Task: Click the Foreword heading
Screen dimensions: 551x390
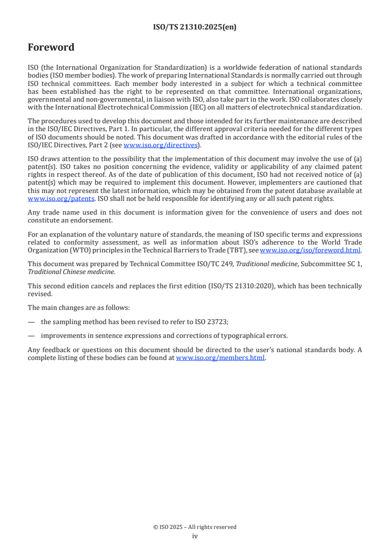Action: (51, 48)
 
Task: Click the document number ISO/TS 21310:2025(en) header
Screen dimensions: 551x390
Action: (195, 28)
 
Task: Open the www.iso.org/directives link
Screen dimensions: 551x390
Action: (160, 145)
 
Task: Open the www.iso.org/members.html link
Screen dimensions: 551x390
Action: (220, 358)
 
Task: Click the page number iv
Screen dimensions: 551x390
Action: (195, 536)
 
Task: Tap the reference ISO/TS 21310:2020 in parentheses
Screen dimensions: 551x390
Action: (268, 286)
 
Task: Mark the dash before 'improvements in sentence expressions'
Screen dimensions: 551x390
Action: (31, 336)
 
